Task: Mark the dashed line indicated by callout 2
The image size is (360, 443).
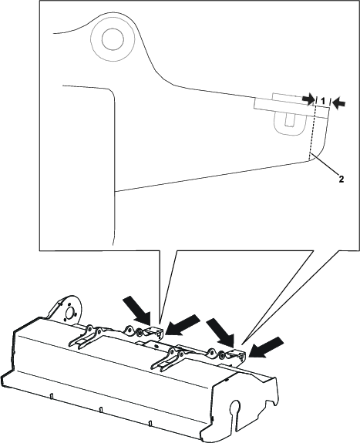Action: click(313, 135)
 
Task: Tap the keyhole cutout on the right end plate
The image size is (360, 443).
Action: click(237, 409)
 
